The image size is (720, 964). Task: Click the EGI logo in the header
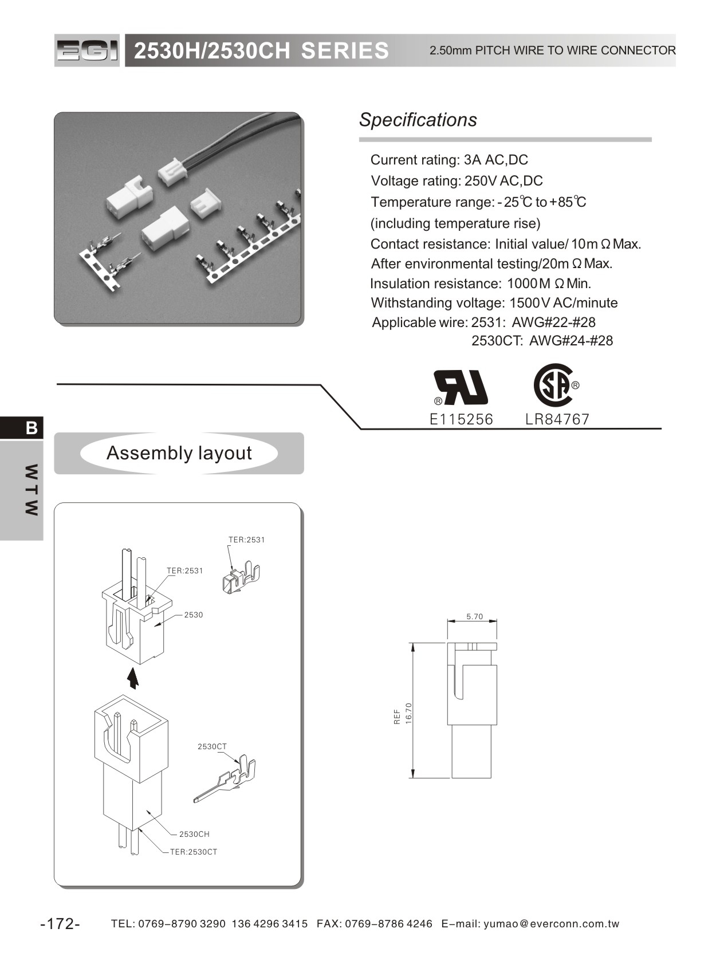[87, 51]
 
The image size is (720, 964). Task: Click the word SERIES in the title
[345, 51]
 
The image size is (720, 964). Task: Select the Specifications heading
[418, 120]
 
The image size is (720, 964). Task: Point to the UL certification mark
[461, 387]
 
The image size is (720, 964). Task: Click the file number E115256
[461, 419]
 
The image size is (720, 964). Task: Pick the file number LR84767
[557, 419]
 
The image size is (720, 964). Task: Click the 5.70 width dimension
[474, 617]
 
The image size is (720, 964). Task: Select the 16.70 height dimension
[408, 713]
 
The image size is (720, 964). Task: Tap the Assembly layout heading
[179, 453]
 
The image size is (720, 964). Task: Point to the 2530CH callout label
[194, 834]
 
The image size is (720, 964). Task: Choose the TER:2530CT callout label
[194, 852]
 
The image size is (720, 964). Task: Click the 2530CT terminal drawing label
[212, 746]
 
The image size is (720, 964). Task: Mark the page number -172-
[60, 924]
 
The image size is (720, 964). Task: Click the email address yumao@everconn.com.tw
[552, 924]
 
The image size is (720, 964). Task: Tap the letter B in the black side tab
[32, 428]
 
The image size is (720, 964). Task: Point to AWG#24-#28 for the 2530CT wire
[571, 341]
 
